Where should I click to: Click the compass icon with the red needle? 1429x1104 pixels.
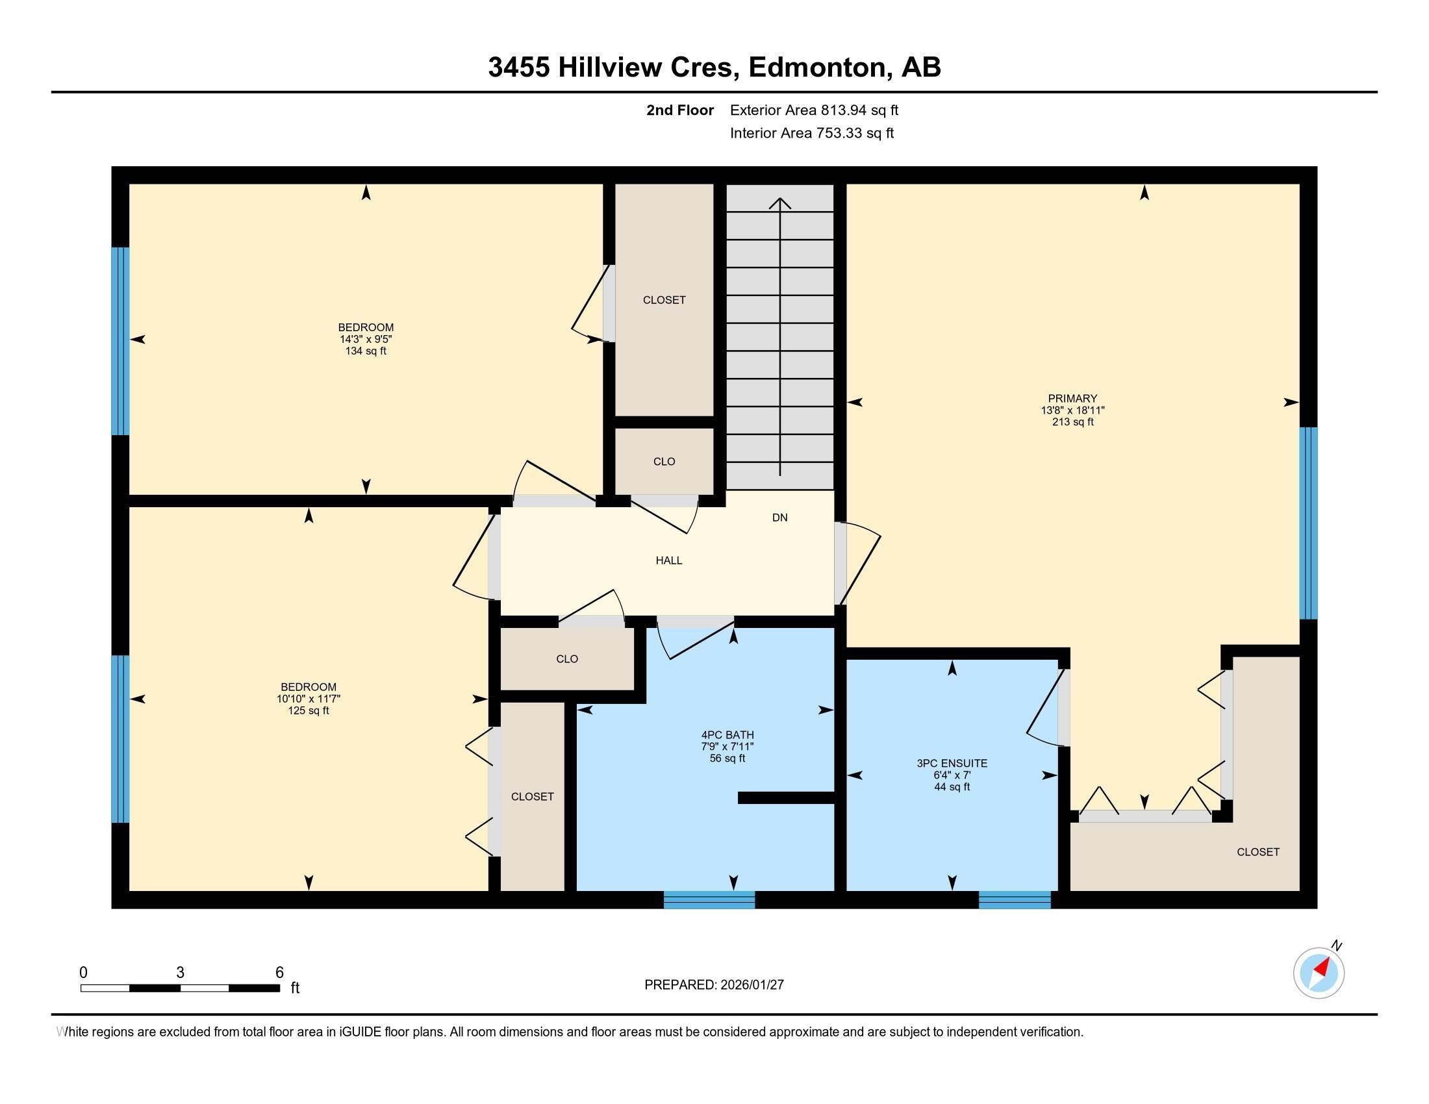(1319, 973)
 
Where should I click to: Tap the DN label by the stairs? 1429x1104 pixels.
(779, 518)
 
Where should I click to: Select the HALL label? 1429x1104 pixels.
(668, 560)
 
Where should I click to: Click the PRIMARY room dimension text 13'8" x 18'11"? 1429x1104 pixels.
(1072, 410)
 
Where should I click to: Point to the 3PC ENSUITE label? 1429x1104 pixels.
(952, 763)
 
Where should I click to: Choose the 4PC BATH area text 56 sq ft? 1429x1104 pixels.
(727, 759)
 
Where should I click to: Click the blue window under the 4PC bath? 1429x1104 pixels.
(709, 900)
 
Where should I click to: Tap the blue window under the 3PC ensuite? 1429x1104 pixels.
(1014, 900)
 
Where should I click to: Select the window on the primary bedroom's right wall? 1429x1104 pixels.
(1308, 523)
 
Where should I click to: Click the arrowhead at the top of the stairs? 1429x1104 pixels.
(780, 203)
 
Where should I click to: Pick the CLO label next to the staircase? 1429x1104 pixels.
(663, 462)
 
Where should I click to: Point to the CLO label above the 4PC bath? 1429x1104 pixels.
(566, 659)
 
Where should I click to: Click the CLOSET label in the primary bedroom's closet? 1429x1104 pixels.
(1258, 852)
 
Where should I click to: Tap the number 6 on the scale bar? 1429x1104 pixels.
(279, 973)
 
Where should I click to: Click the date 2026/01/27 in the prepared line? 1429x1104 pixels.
(751, 985)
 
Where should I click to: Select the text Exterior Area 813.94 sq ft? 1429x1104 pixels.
(814, 110)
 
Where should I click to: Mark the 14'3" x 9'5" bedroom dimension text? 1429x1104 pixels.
(366, 340)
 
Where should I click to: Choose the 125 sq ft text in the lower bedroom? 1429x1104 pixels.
(308, 711)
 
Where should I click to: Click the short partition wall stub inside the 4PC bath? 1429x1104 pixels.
(786, 798)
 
